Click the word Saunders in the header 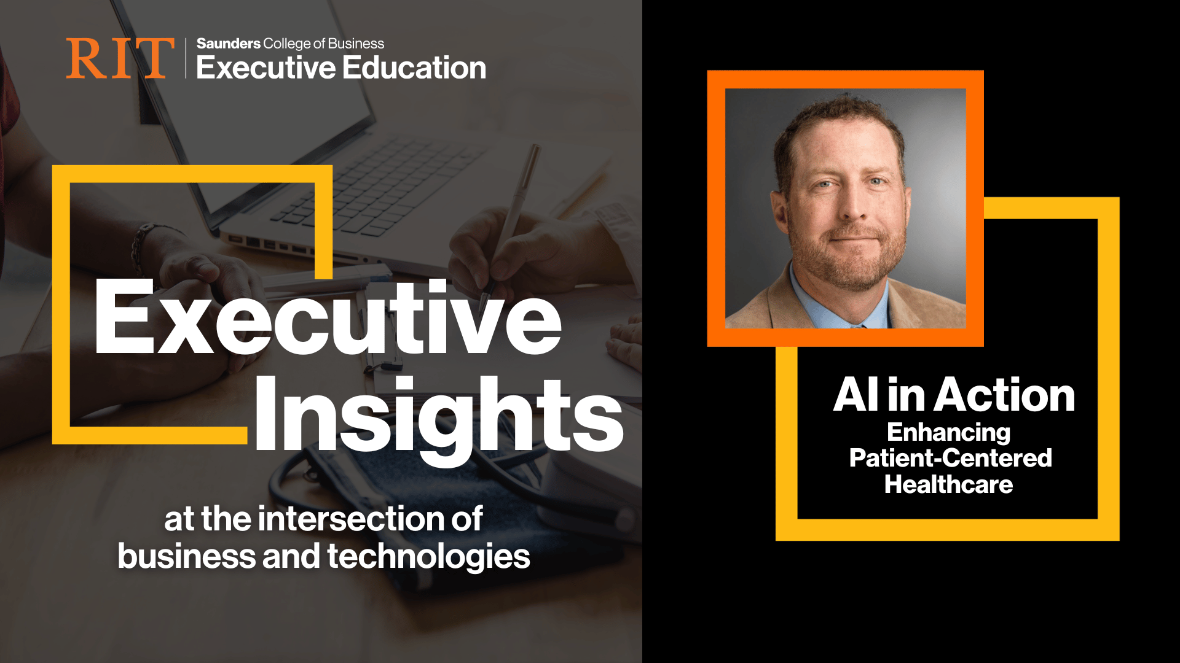(x=229, y=44)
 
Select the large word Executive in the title (x=328, y=317)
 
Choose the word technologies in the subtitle (x=428, y=557)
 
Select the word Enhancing (x=948, y=433)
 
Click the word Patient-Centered (x=950, y=458)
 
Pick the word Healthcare (x=948, y=484)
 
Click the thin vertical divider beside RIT (x=186, y=58)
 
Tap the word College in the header (x=287, y=44)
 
